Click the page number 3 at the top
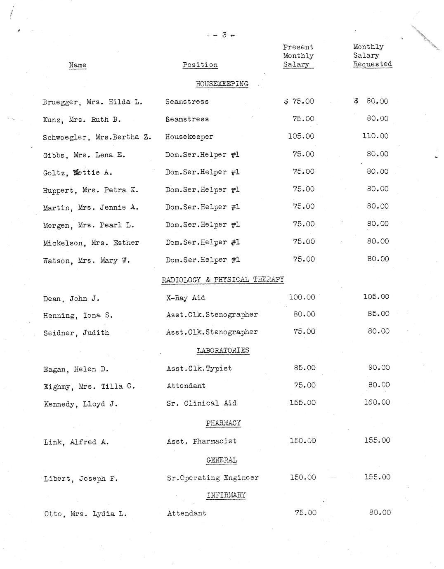(x=224, y=35)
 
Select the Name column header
(x=78, y=65)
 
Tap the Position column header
(x=200, y=65)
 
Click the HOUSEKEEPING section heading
(x=222, y=84)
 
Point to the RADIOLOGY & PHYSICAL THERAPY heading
(x=222, y=280)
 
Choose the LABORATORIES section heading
(x=223, y=351)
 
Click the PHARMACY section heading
(x=223, y=423)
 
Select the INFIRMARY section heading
(x=226, y=495)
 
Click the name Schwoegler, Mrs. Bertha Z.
(x=97, y=137)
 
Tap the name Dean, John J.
(x=71, y=299)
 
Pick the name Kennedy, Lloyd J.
(x=81, y=404)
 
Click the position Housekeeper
(x=189, y=137)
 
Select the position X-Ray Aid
(x=186, y=298)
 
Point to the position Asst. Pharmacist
(x=202, y=442)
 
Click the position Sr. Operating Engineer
(x=213, y=478)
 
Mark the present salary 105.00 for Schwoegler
(x=301, y=136)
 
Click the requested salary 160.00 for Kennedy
(x=377, y=402)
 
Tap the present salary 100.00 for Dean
(x=302, y=297)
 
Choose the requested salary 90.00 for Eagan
(x=379, y=368)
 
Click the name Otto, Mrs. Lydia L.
(x=85, y=514)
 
